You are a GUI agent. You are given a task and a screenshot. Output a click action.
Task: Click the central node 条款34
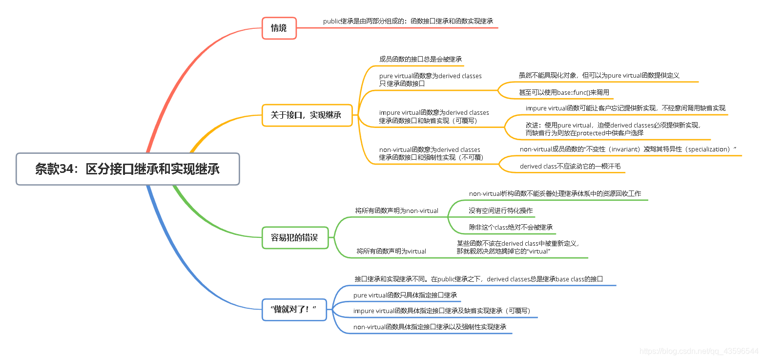click(x=127, y=169)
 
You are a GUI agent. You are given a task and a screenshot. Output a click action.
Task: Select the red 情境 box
click(x=279, y=28)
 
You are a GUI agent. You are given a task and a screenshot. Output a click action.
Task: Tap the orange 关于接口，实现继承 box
click(x=307, y=115)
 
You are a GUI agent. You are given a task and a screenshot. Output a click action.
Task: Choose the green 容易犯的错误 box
click(x=294, y=237)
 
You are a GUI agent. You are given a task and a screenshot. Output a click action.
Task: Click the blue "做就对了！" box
click(x=294, y=309)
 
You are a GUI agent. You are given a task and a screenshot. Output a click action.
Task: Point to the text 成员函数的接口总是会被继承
click(x=420, y=59)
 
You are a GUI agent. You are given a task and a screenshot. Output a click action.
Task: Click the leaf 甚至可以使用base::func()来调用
click(x=564, y=92)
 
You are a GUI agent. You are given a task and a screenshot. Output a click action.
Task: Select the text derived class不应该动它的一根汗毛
click(x=570, y=166)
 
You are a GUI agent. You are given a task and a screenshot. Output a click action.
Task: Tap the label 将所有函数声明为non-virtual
click(x=397, y=211)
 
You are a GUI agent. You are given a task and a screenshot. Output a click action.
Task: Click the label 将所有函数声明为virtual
click(x=392, y=251)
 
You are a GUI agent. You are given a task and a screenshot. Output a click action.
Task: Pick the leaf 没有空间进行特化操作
click(x=501, y=211)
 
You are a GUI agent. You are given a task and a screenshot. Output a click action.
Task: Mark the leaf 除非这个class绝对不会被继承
click(x=511, y=227)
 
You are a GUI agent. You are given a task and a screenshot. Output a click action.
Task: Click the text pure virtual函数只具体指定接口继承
click(x=405, y=295)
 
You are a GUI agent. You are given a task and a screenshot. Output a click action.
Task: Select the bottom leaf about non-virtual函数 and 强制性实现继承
click(x=430, y=327)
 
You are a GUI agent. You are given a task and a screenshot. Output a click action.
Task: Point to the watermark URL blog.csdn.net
click(x=699, y=351)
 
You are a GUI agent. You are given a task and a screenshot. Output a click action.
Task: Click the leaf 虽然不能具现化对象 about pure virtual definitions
click(x=599, y=76)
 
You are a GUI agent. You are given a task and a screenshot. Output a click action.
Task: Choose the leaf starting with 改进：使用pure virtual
click(x=613, y=129)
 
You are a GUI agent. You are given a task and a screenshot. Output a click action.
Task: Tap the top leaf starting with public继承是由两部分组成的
click(x=408, y=21)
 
